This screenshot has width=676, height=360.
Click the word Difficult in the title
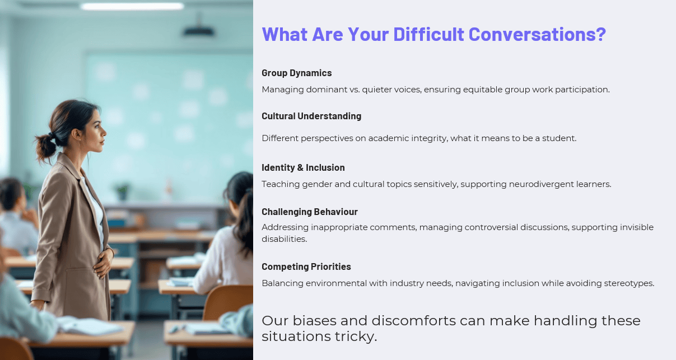pos(428,34)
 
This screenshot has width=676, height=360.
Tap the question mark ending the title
pos(600,34)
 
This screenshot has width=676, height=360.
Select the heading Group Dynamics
pos(297,73)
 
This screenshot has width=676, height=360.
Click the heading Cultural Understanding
pos(311,116)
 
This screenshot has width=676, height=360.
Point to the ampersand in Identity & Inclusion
pos(300,167)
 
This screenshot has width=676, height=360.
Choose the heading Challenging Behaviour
pos(310,212)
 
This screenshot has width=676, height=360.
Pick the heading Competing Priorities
pos(306,267)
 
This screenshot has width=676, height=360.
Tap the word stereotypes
pos(629,283)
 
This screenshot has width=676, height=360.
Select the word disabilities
pos(285,239)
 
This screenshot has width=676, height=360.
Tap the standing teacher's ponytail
pos(46,147)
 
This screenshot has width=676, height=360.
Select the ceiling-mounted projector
pos(199,29)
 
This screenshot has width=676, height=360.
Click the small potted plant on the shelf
pos(123,191)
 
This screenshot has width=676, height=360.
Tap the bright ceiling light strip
pos(132,6)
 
